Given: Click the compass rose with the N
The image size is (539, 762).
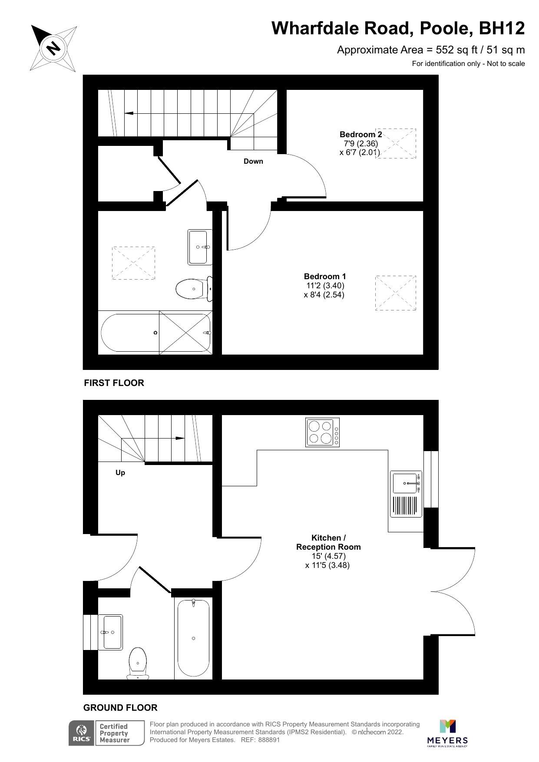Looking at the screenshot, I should (53, 48).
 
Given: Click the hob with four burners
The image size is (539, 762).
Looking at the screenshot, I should (323, 432).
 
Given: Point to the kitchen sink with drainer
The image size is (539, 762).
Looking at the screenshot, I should (406, 494).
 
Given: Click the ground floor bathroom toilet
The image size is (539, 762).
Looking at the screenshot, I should (138, 664).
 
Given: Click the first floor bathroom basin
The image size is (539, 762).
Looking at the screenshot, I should (200, 247).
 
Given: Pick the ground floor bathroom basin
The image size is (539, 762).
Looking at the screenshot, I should (111, 632).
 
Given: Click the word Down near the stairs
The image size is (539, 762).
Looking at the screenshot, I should (253, 162).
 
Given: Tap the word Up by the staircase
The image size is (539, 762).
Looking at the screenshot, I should (120, 473).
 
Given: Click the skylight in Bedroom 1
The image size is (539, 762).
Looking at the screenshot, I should (395, 293).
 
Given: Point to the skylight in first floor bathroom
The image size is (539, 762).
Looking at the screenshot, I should (133, 263).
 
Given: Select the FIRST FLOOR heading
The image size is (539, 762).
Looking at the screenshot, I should (114, 383).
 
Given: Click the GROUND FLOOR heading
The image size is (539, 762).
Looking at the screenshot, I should (120, 708).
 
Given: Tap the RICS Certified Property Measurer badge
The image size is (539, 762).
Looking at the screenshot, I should (106, 733).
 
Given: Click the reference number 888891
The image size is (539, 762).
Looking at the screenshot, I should (269, 740).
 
